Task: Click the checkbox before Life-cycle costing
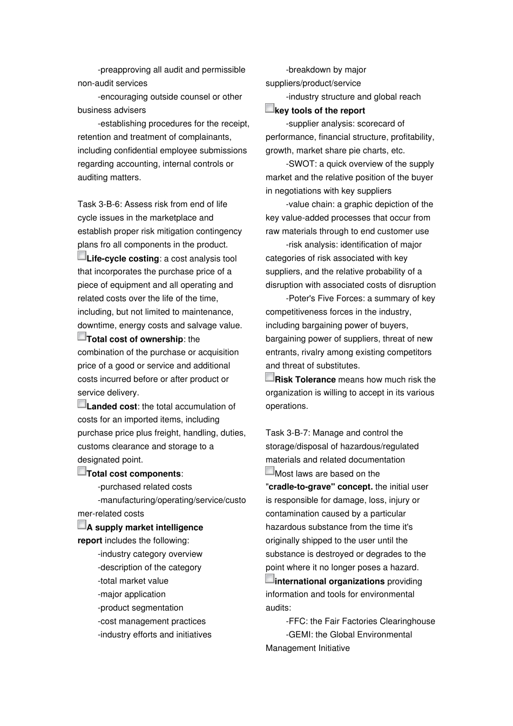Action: point(82,256)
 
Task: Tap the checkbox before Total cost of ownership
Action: point(82,336)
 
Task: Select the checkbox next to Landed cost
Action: point(82,404)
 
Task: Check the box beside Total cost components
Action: point(82,470)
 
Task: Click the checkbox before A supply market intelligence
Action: point(82,525)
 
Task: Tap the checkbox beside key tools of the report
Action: point(269,107)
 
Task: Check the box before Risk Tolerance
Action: point(269,377)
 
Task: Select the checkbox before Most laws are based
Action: point(269,470)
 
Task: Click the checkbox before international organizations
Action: point(269,579)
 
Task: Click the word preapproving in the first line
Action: point(126,70)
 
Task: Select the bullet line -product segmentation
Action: point(140,608)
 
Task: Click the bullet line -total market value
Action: point(133,581)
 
